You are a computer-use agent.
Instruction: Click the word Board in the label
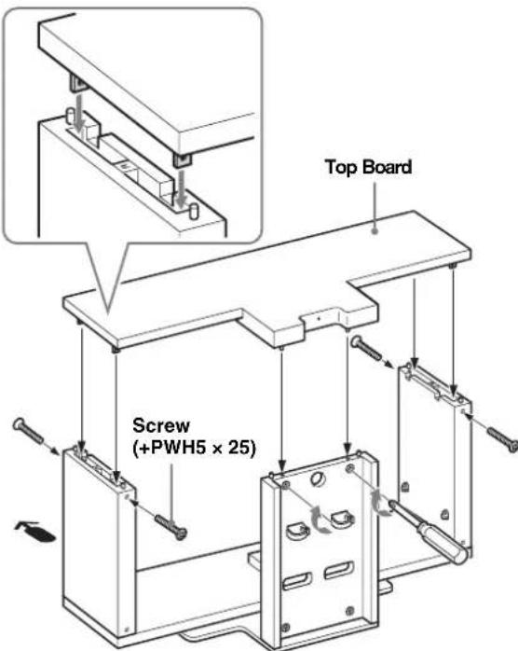coord(387,167)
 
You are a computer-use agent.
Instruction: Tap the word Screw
coord(161,425)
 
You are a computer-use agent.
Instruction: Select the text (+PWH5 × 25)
coord(194,448)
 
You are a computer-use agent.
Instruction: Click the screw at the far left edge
coord(28,431)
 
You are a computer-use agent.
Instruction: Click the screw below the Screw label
coord(170,525)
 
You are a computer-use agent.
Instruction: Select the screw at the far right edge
coord(502,439)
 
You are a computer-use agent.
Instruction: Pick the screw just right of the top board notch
coord(366,349)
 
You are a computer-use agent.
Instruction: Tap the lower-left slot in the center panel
coord(297,580)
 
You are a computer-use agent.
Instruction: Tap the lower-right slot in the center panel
coord(339,569)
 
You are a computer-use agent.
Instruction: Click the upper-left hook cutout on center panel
coord(298,531)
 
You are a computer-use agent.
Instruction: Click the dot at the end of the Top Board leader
coord(375,230)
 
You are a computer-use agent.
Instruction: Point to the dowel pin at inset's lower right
coord(193,211)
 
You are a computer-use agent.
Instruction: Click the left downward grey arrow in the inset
coord(78,110)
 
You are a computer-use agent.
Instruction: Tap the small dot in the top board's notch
coord(319,318)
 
